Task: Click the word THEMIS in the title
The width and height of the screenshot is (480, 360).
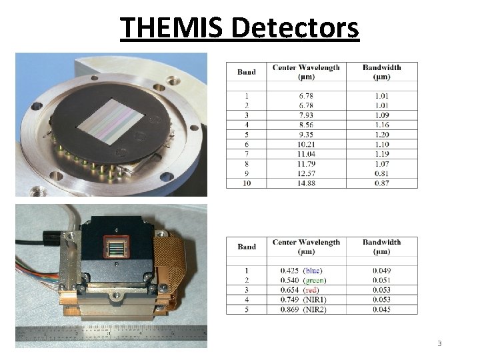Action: coord(171,28)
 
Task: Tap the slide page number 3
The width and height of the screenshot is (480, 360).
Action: coord(439,343)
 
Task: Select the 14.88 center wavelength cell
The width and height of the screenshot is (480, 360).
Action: coord(307,183)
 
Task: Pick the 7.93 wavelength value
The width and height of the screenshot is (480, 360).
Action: coord(307,114)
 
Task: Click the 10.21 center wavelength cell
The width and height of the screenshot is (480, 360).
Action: coord(307,144)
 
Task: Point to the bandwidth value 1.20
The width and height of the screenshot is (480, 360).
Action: coord(381,134)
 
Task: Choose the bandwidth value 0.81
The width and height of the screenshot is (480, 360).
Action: coord(381,174)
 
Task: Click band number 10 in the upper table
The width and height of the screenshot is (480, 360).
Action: coord(247,183)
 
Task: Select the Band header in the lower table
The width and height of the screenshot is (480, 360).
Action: coord(247,247)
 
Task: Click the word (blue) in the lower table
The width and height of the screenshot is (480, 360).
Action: coord(315,270)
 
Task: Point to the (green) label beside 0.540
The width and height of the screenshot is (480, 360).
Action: coord(317,280)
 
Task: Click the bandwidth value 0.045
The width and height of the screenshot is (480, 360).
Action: coord(381,309)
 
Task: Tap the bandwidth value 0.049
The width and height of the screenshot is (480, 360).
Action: coord(381,270)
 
